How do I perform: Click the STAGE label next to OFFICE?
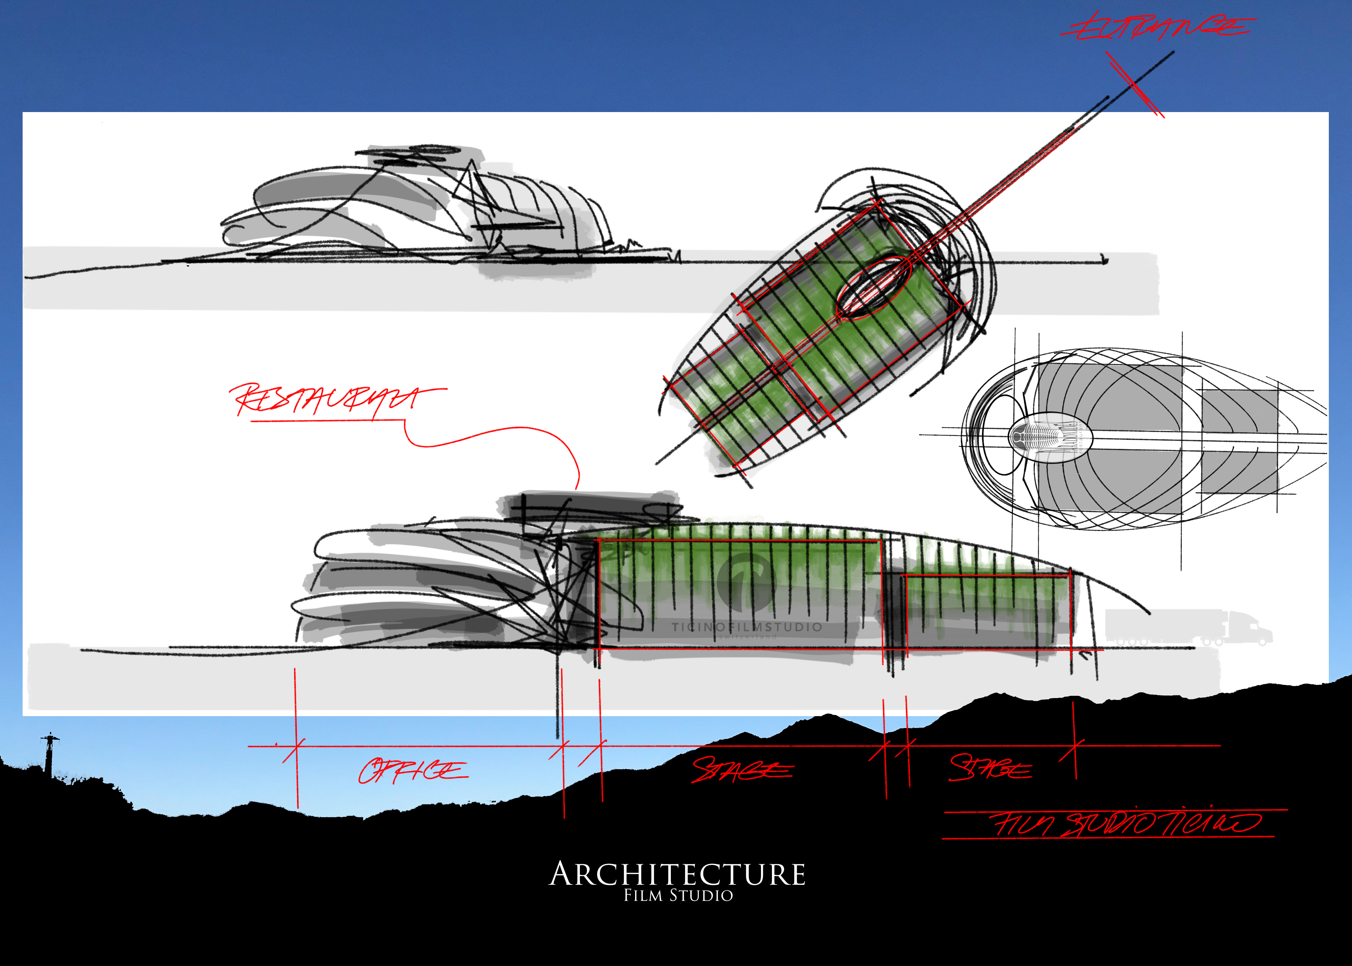point(742,770)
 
